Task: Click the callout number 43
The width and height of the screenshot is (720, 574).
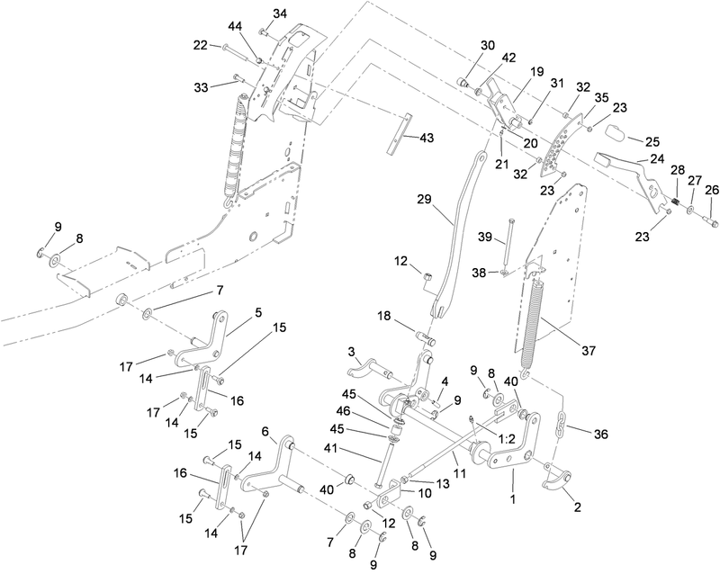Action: click(x=426, y=139)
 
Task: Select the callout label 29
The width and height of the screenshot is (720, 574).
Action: click(x=425, y=200)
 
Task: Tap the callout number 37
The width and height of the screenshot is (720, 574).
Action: click(x=589, y=351)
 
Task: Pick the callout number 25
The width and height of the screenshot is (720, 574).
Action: click(x=652, y=142)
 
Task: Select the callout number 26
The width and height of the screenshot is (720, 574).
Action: click(x=711, y=189)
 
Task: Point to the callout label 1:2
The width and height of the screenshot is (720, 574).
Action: click(x=507, y=440)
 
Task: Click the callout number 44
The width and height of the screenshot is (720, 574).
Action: click(x=236, y=27)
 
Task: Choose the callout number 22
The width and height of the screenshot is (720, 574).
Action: click(x=201, y=45)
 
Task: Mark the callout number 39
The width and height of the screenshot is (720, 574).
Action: click(x=485, y=238)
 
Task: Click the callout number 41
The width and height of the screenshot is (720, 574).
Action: click(x=332, y=447)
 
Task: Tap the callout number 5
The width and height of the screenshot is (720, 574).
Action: click(x=258, y=313)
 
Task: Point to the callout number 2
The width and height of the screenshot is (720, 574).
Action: click(x=578, y=507)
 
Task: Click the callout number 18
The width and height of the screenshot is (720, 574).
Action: click(x=384, y=317)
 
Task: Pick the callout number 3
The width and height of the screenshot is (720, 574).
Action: click(x=351, y=352)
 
